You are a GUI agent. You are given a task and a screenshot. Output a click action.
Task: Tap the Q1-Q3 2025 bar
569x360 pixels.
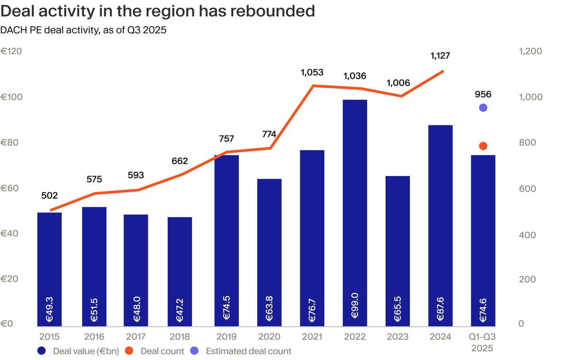tap(483, 240)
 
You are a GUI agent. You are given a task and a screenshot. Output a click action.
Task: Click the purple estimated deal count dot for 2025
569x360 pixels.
tap(483, 107)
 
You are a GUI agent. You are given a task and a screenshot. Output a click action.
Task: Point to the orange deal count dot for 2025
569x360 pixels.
tap(483, 146)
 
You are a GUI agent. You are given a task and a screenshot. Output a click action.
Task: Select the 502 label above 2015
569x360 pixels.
tap(49, 195)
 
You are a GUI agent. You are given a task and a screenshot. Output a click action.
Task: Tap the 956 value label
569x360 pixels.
tap(483, 95)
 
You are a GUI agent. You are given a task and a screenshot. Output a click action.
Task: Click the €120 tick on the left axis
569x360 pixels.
tap(11, 51)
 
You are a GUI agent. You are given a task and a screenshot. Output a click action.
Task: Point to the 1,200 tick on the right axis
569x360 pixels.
tap(530, 51)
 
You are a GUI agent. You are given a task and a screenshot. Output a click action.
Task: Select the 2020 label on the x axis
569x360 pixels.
tap(269, 337)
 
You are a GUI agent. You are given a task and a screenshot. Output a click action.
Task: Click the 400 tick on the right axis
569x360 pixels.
tap(526, 235)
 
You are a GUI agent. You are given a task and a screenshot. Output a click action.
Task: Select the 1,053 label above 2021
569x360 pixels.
tap(312, 72)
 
